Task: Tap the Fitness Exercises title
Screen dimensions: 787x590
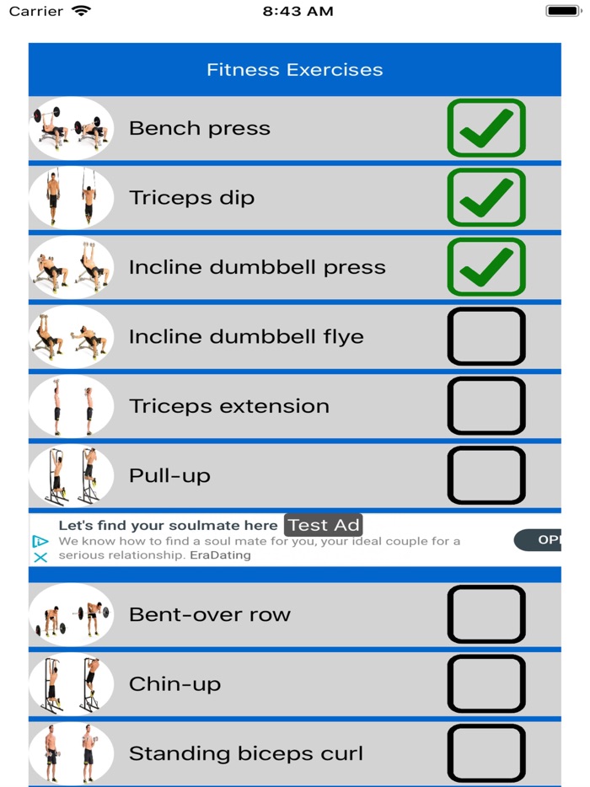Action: (x=294, y=70)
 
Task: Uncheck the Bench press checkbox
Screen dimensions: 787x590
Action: (x=486, y=128)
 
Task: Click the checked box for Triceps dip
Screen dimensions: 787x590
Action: (x=486, y=197)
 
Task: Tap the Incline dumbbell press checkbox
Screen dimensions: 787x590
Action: (x=486, y=267)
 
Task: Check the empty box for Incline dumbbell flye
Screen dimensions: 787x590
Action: (x=486, y=336)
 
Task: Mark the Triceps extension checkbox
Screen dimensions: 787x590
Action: (x=486, y=405)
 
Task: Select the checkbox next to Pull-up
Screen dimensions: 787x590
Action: (x=486, y=475)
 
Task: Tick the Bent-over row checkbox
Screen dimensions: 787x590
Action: (x=486, y=614)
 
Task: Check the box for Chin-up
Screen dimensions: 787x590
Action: (x=486, y=683)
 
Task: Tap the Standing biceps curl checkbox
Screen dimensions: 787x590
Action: (x=486, y=752)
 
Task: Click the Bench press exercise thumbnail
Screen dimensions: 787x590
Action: (x=71, y=128)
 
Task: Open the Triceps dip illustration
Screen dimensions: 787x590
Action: (x=71, y=197)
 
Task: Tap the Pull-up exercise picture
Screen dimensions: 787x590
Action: (x=71, y=475)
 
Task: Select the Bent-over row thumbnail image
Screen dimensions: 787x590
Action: (x=71, y=614)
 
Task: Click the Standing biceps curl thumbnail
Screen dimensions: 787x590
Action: (x=71, y=752)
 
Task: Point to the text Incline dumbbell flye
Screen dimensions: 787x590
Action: (x=246, y=336)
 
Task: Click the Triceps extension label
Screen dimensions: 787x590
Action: (x=228, y=405)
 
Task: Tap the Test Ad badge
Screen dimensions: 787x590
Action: (x=324, y=525)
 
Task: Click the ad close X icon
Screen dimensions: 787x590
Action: (x=40, y=557)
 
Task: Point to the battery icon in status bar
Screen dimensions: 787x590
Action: (x=563, y=11)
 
